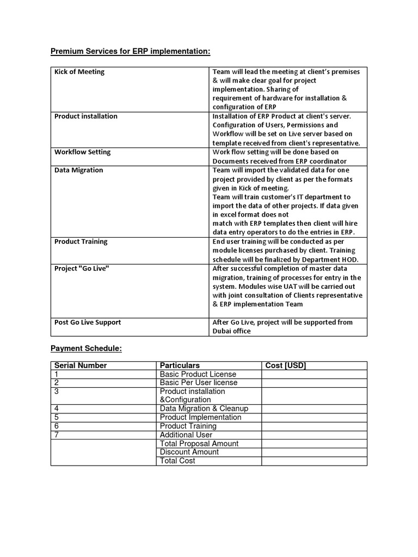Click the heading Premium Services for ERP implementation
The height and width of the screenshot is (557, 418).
click(130, 52)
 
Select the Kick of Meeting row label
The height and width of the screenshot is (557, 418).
click(79, 72)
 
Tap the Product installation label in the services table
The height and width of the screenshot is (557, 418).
click(85, 116)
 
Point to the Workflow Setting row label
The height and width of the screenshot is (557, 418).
click(82, 152)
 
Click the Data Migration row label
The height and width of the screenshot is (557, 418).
click(78, 170)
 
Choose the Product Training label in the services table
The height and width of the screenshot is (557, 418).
click(81, 242)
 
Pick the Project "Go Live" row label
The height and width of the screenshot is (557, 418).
click(82, 269)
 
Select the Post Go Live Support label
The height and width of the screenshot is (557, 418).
click(88, 323)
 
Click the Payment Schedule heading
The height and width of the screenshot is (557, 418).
click(86, 349)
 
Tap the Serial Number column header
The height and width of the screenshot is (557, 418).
click(81, 366)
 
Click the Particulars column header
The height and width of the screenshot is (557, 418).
click(180, 366)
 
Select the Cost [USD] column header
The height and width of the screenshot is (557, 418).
click(286, 366)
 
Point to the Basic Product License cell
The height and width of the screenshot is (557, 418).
click(198, 374)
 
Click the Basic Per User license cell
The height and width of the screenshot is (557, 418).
click(199, 382)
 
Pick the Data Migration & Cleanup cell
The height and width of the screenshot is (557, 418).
click(204, 409)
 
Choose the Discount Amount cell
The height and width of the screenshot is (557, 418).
click(189, 452)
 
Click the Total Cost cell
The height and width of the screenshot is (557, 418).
click(177, 461)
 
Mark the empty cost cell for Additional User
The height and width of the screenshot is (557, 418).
click(314, 435)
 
